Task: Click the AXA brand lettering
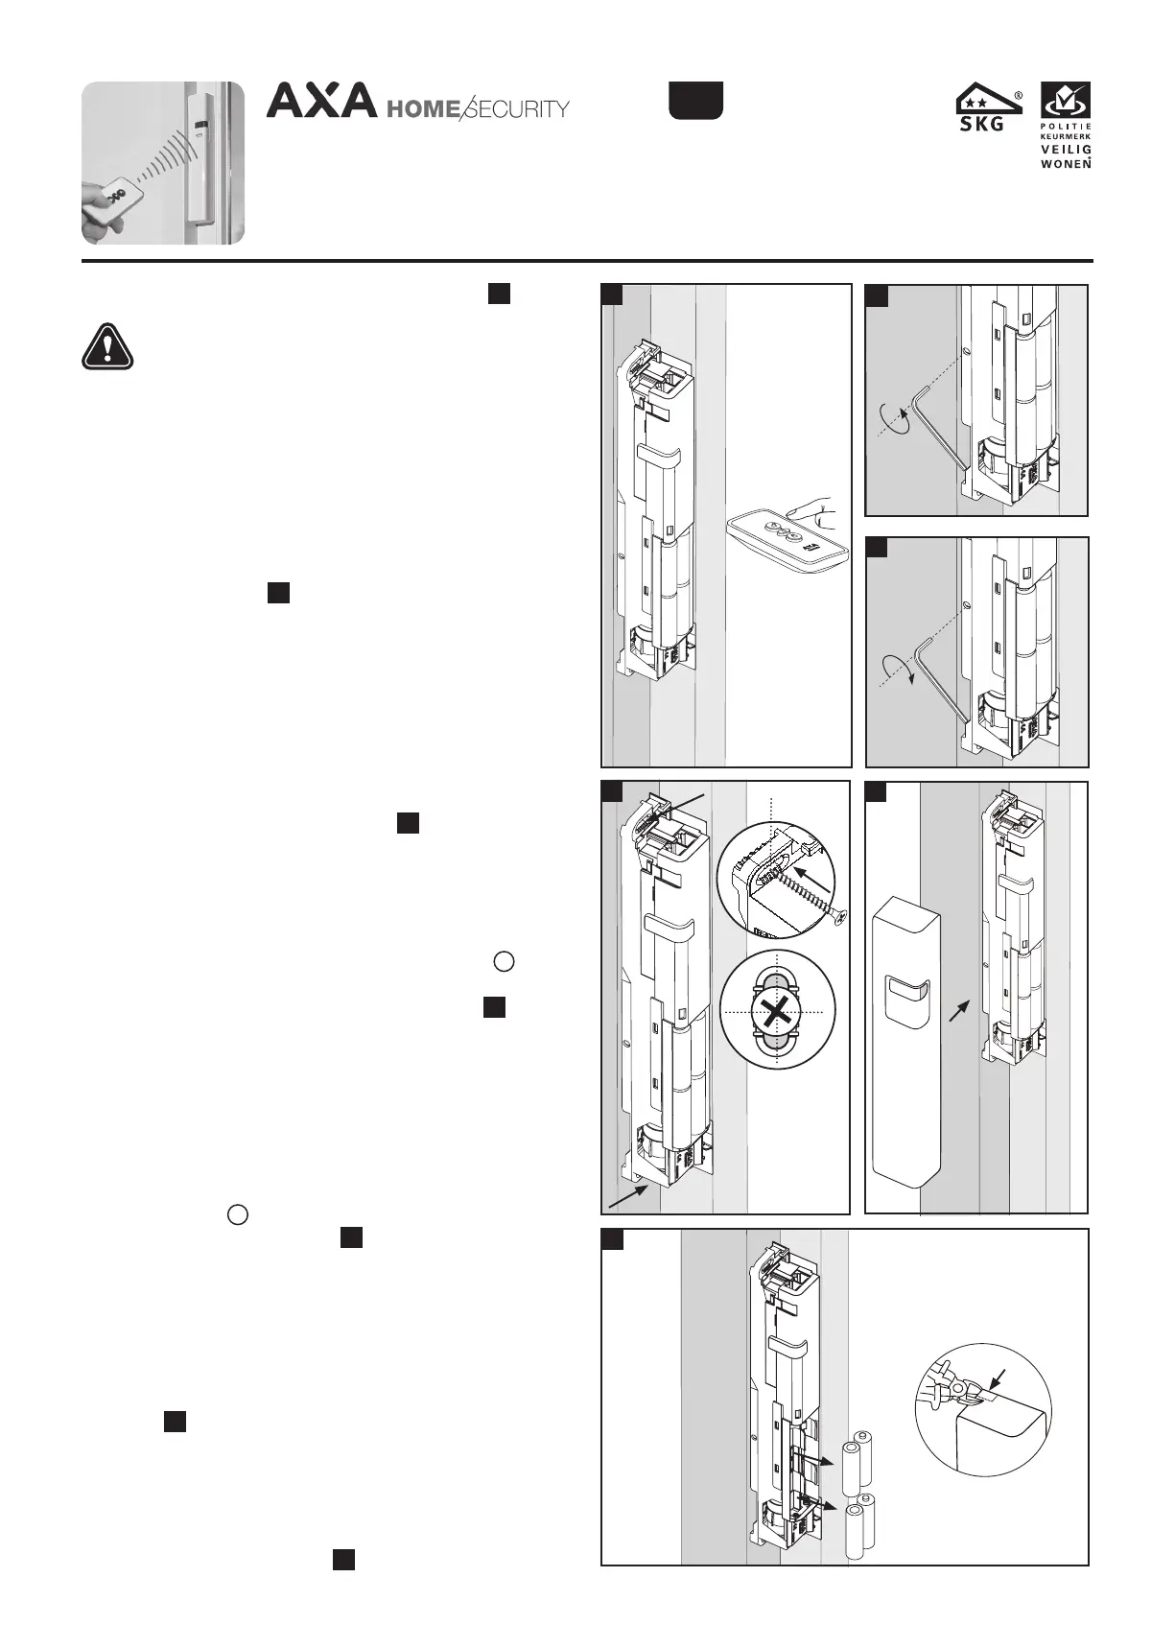(x=321, y=101)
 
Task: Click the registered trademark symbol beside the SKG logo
(x=1018, y=95)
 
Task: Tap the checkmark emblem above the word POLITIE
(x=1067, y=99)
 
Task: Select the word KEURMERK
(x=1067, y=137)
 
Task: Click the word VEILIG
(x=1067, y=150)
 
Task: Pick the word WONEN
(x=1067, y=163)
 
